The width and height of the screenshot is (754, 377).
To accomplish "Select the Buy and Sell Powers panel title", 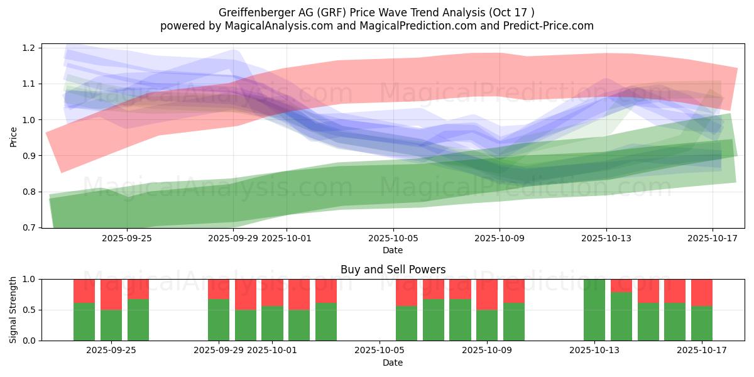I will point(393,270).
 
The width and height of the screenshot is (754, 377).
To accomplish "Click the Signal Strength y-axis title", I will point(14,309).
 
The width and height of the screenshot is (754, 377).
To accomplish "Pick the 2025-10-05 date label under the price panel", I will point(393,239).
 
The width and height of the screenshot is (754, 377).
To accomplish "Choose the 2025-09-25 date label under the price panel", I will point(127,239).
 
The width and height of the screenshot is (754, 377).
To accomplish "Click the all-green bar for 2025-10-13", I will point(594,310).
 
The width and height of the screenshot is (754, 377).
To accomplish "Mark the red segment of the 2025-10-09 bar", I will point(487,294).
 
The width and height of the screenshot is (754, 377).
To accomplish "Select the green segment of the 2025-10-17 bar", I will point(702,323).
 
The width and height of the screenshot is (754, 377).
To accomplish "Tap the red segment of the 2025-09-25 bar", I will point(138,288).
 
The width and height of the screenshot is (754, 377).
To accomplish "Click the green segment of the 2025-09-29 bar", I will point(219,320).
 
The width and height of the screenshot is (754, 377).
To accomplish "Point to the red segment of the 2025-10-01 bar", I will point(272,292).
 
